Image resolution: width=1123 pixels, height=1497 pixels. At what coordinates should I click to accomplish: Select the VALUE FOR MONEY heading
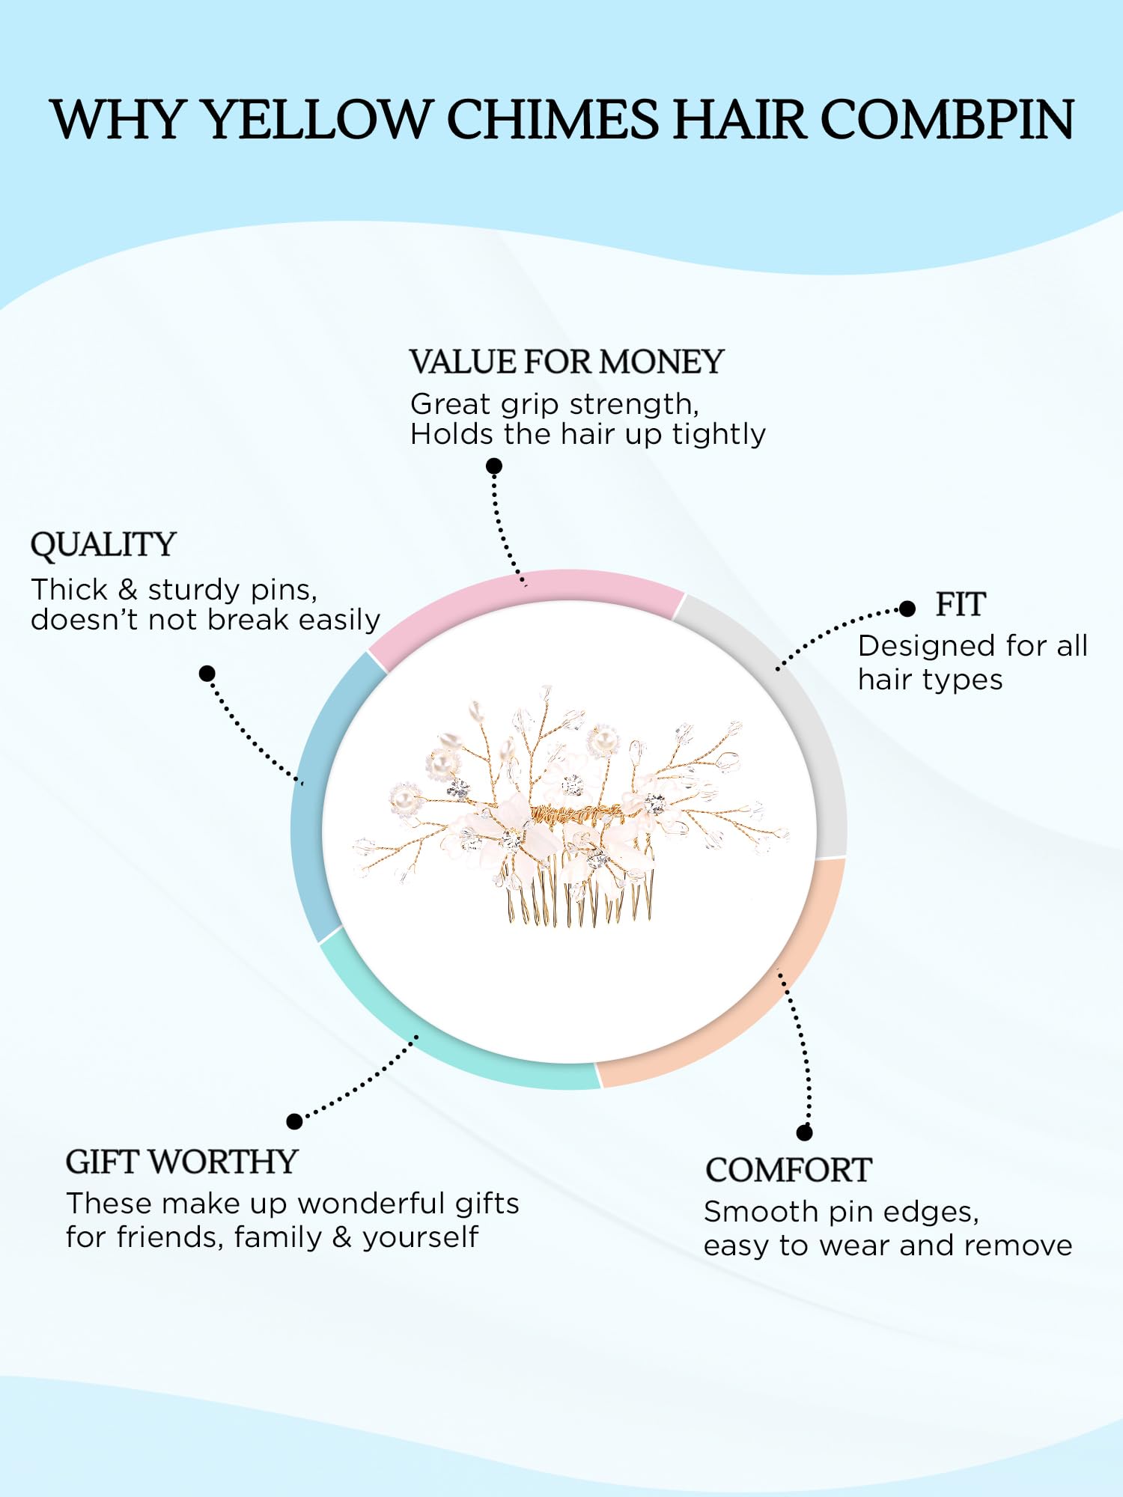567,362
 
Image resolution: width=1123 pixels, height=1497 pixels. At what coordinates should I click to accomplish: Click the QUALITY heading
103,545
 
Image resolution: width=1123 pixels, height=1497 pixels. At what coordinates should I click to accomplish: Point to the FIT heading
961,605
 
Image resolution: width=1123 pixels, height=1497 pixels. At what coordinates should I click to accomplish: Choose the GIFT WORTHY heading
182,1162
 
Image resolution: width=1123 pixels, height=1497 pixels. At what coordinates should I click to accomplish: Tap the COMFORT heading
788,1171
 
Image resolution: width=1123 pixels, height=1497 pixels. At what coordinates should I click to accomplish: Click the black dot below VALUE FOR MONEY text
494,466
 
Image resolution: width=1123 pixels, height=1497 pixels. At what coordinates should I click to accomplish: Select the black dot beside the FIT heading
907,609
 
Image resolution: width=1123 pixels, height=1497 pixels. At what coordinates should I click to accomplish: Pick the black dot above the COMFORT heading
805,1132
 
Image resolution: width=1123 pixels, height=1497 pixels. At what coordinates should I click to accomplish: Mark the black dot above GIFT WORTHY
295,1121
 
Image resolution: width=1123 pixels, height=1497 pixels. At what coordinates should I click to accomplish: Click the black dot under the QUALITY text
207,674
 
